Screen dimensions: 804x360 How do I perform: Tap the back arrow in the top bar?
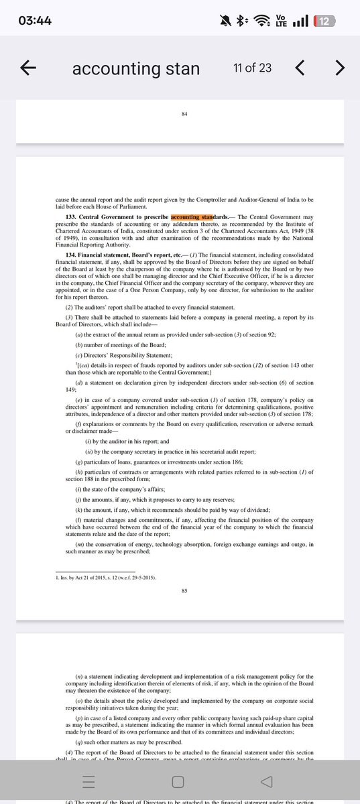28,67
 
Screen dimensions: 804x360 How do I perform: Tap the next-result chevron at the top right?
340,67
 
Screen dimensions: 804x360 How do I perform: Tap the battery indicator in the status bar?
324,21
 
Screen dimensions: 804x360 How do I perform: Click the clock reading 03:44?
36,21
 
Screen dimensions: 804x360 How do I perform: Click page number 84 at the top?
184,115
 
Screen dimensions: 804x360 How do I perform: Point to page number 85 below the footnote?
184,591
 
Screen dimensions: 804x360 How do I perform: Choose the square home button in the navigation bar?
178,783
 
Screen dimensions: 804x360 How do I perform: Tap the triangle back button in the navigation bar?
266,783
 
